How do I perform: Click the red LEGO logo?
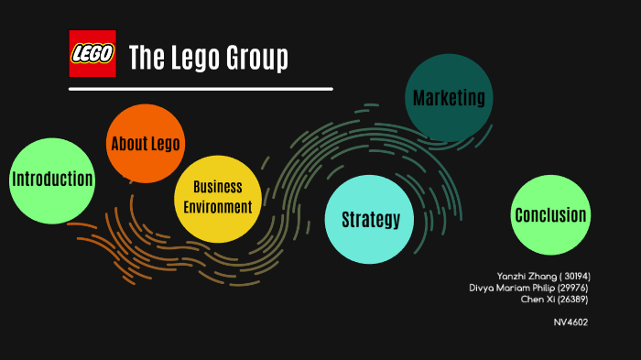pos(92,53)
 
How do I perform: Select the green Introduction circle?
pos(52,179)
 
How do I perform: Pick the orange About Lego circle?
pos(145,145)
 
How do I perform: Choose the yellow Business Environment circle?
pos(217,198)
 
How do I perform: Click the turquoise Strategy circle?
pos(370,219)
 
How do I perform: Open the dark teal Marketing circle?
pos(449,98)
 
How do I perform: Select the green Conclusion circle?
pos(549,215)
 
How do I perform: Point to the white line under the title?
pos(201,89)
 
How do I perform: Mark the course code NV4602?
pos(570,322)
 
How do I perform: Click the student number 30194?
pos(575,276)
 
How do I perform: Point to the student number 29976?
pos(571,288)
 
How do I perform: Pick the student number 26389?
pos(571,300)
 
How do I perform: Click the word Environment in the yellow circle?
pos(217,207)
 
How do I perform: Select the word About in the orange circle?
pos(129,145)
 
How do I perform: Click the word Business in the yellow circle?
pos(217,188)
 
